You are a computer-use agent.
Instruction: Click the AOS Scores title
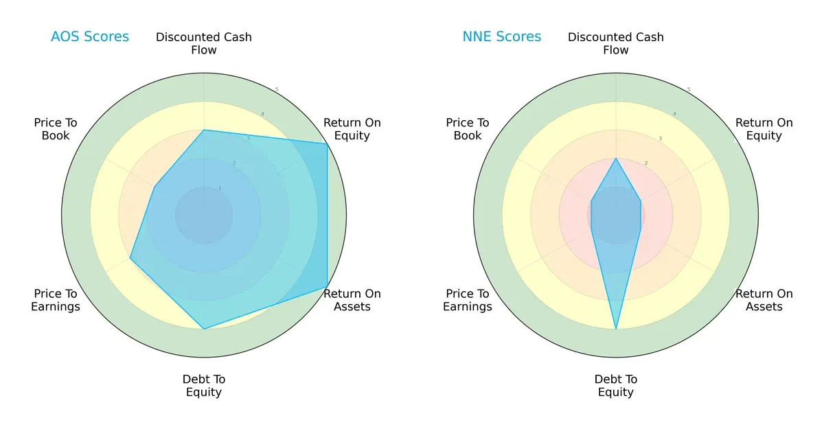click(90, 37)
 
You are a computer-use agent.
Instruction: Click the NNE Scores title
click(502, 37)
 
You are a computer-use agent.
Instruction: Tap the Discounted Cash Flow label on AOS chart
click(204, 43)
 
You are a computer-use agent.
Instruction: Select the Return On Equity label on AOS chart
click(352, 129)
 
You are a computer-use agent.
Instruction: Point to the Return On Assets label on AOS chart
click(352, 300)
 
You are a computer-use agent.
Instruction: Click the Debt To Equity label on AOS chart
click(204, 386)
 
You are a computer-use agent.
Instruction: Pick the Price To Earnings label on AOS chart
click(56, 300)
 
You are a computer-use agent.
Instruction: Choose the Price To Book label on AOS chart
click(56, 129)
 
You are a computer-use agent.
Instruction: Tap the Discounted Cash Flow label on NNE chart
click(616, 43)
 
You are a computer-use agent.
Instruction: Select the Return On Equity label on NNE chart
click(764, 129)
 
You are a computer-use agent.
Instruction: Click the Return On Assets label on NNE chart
click(764, 300)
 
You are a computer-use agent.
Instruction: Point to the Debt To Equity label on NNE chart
click(616, 386)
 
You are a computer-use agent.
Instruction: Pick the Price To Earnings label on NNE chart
click(468, 300)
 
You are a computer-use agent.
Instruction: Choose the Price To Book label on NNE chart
click(468, 129)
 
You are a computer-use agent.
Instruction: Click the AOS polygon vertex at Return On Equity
click(327, 144)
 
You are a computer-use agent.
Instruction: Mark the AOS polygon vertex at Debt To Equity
click(204, 329)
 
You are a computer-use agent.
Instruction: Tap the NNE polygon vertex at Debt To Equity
click(616, 329)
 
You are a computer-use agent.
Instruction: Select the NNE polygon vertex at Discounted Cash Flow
click(616, 159)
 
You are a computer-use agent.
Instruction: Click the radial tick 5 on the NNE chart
click(688, 90)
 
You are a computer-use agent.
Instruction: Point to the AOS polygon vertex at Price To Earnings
click(130, 258)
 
